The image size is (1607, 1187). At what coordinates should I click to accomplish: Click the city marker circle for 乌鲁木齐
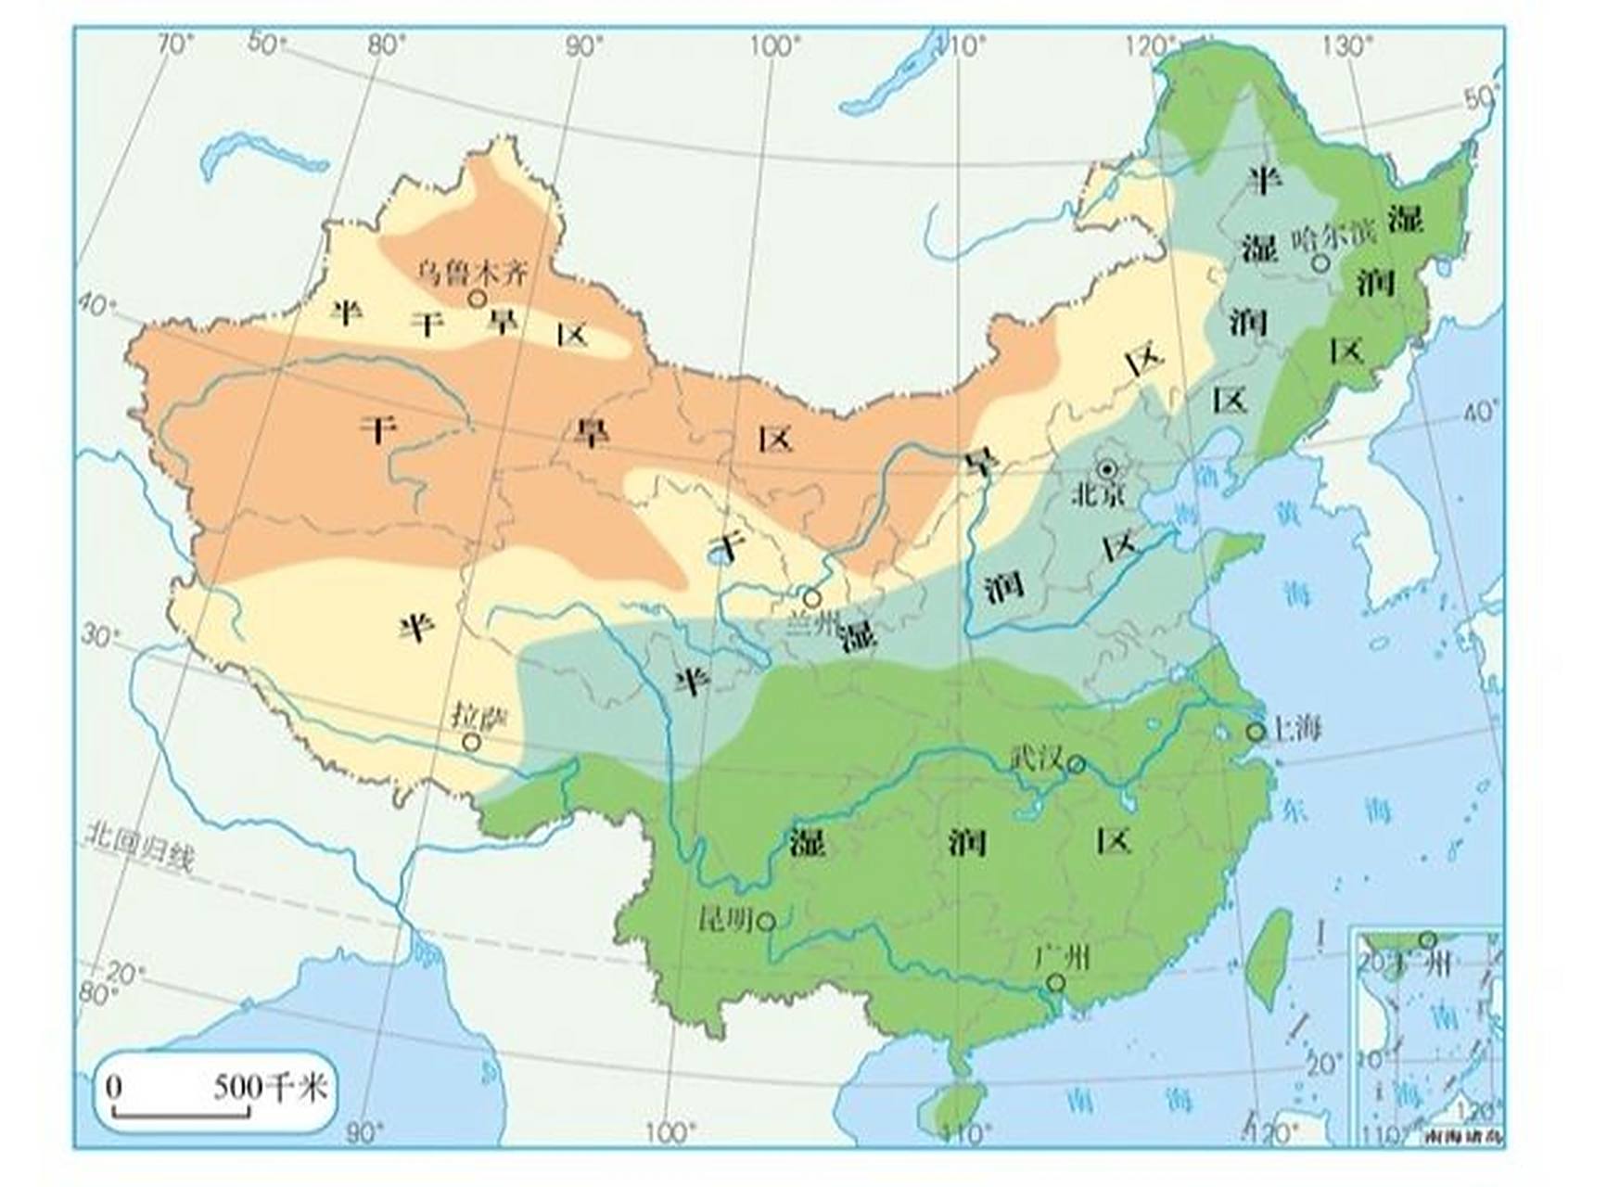(x=478, y=299)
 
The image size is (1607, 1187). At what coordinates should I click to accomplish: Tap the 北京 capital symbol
(x=1106, y=469)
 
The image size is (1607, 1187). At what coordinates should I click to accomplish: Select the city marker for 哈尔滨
(x=1320, y=263)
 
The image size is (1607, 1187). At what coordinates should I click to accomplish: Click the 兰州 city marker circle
(x=812, y=598)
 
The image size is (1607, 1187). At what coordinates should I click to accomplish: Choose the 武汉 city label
(x=1036, y=758)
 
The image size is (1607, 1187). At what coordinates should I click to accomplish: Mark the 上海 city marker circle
(x=1255, y=732)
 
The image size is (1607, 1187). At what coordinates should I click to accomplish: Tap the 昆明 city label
(x=724, y=919)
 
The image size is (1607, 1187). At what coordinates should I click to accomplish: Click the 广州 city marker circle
(x=1055, y=982)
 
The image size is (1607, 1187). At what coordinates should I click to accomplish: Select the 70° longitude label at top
(x=176, y=44)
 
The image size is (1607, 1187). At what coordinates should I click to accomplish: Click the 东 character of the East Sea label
(x=1293, y=810)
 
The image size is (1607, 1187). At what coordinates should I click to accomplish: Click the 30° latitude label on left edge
(x=100, y=635)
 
